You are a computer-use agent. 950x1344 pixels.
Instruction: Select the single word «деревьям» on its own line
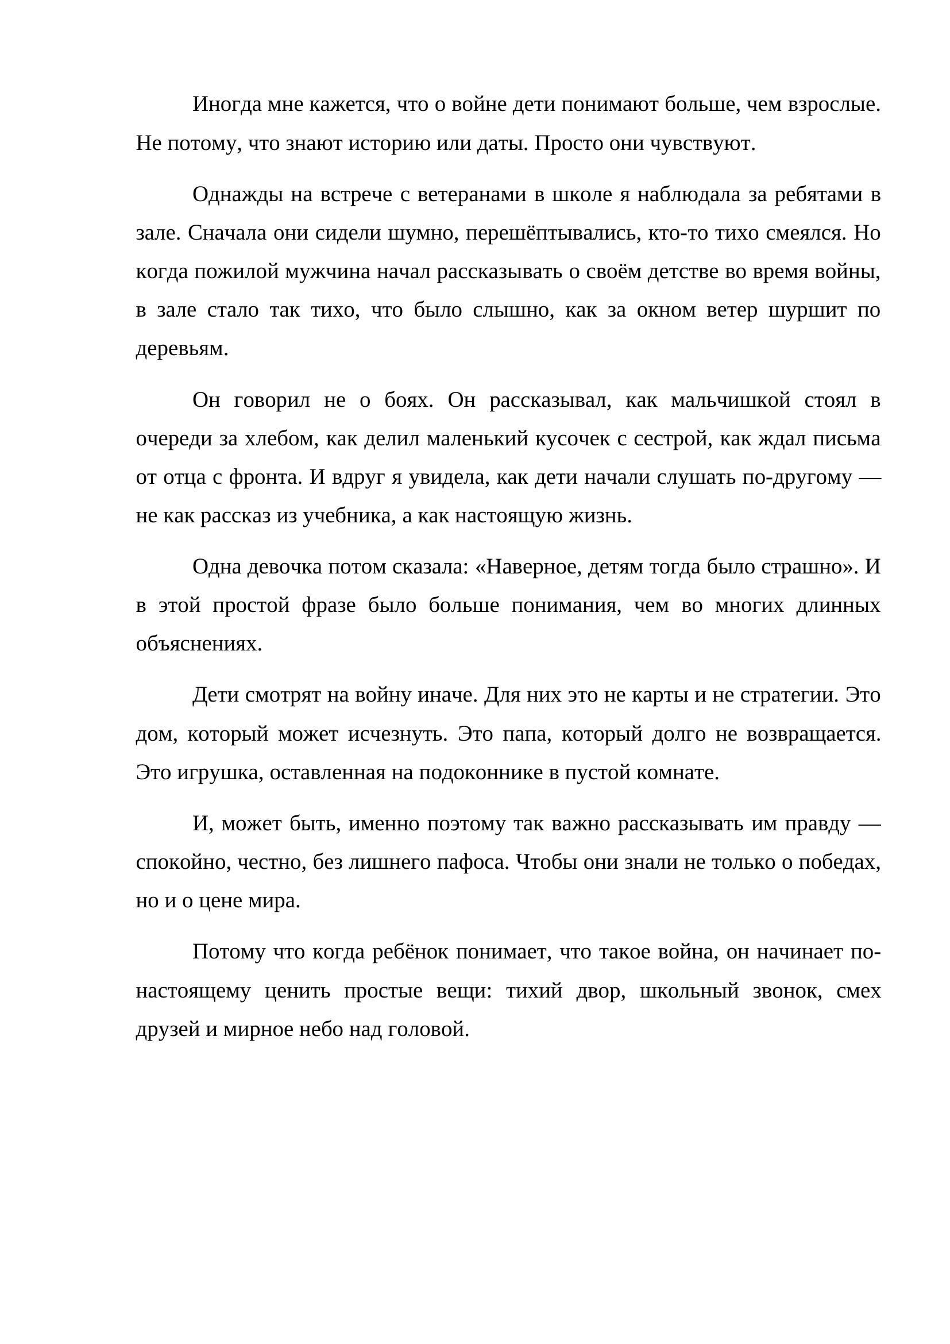pos(181,349)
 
